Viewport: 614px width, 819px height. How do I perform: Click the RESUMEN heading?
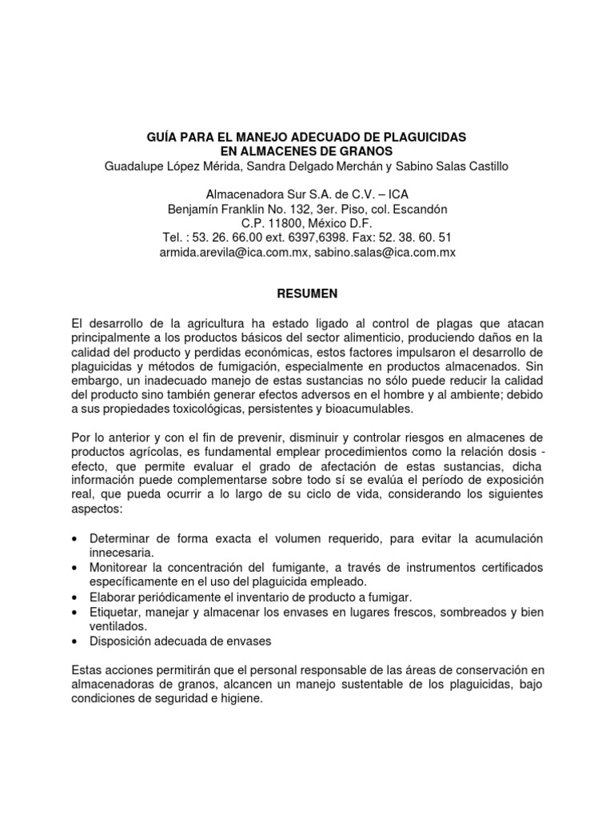(x=306, y=294)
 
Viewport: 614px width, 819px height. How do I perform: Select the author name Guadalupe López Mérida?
(x=170, y=166)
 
